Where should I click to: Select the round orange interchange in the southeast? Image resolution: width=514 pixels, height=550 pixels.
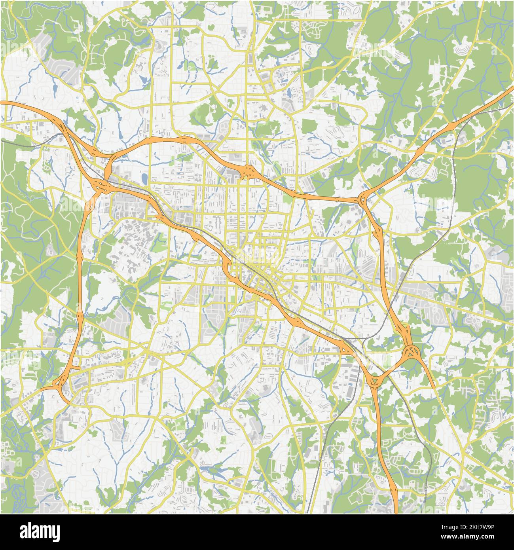point(412,351)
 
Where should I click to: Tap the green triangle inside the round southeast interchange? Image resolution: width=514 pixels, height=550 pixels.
point(412,351)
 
